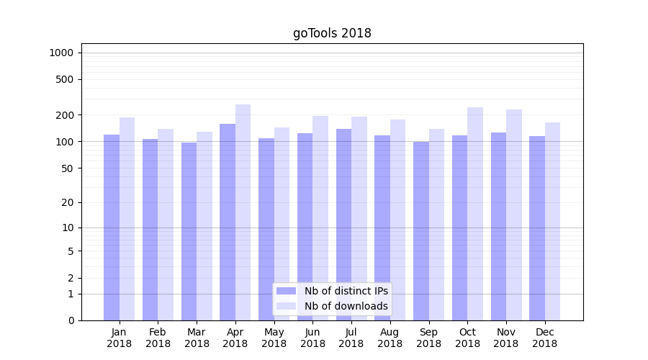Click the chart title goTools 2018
point(332,33)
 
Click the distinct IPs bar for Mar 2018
point(189,231)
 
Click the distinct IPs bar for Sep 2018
point(421,231)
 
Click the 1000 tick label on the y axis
point(61,53)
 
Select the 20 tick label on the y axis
point(68,202)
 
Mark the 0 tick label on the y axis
point(71,320)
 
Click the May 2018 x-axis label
point(274,338)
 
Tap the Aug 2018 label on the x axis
point(390,338)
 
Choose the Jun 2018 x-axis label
point(312,338)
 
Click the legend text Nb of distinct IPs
point(346,291)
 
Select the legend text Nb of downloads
point(346,306)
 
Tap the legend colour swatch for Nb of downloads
point(287,306)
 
